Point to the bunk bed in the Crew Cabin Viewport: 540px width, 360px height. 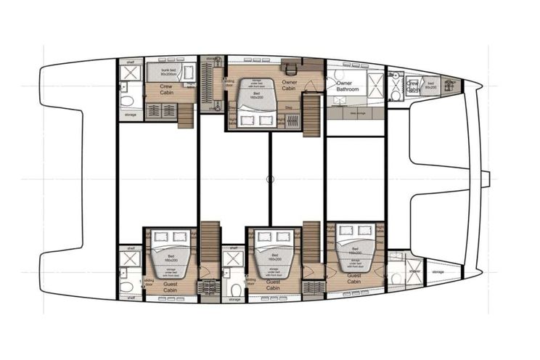pos(171,71)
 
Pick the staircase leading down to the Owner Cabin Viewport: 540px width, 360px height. pos(311,112)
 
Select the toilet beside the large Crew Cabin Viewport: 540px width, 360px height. pos(126,100)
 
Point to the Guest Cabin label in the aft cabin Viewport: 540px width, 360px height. pos(170,287)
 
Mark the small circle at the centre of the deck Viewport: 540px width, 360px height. pos(270,179)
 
